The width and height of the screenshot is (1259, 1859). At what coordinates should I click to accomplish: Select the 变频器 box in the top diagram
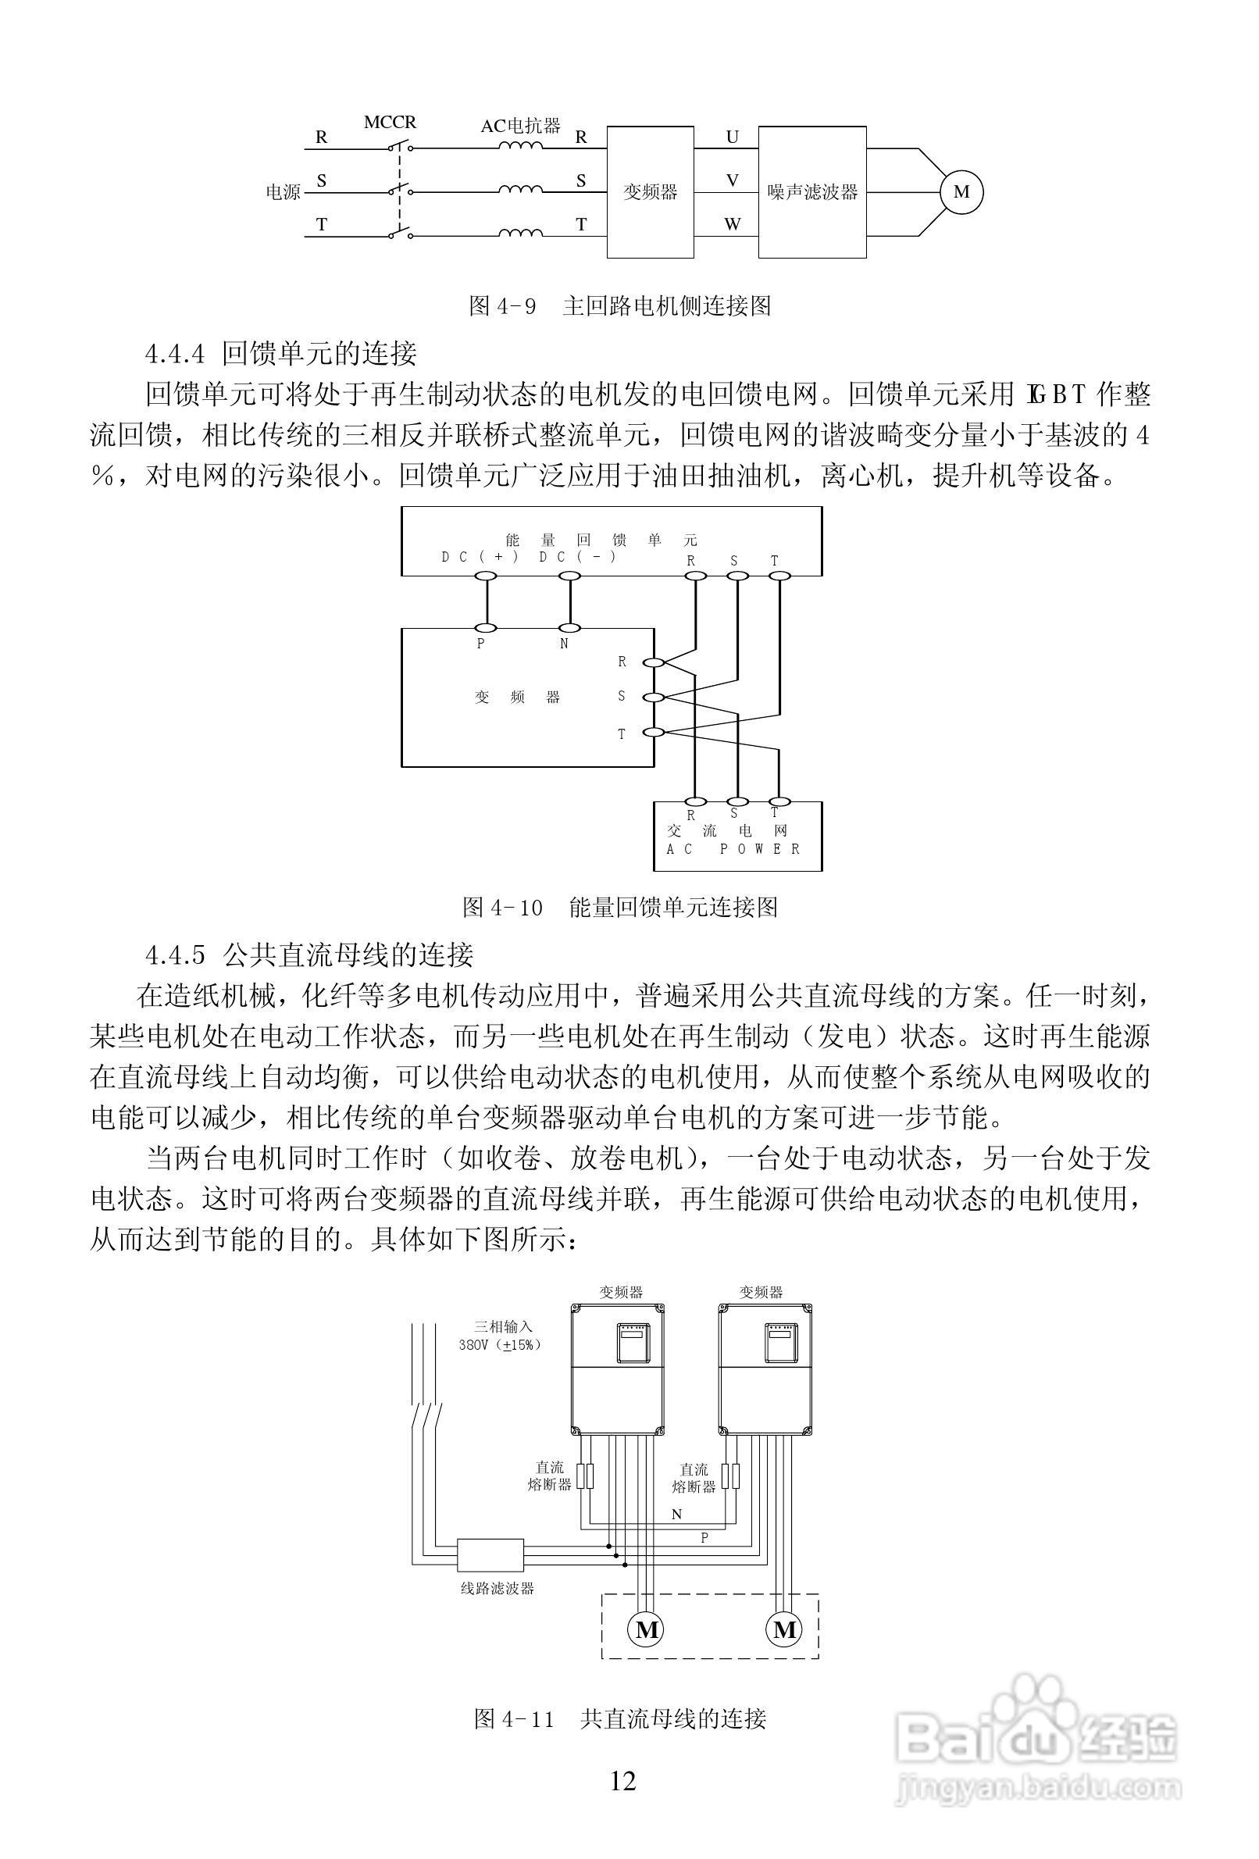pyautogui.click(x=650, y=192)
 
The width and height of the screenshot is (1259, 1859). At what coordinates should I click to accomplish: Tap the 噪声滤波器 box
pyautogui.click(x=812, y=192)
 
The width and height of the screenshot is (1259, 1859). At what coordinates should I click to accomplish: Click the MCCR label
pyautogui.click(x=390, y=123)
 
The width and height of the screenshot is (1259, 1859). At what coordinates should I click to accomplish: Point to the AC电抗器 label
pyautogui.click(x=520, y=126)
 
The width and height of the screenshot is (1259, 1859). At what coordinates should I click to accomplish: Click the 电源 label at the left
pyautogui.click(x=283, y=192)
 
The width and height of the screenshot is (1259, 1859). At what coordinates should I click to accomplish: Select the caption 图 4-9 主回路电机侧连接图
pyautogui.click(x=619, y=305)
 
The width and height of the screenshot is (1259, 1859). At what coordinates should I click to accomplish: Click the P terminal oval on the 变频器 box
pyautogui.click(x=486, y=628)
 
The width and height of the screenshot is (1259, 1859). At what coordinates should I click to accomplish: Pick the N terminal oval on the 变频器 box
pyautogui.click(x=568, y=628)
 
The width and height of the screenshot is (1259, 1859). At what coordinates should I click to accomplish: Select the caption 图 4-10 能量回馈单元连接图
pyautogui.click(x=620, y=907)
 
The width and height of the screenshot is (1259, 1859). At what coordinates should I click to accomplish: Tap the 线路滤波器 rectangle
pyautogui.click(x=490, y=1555)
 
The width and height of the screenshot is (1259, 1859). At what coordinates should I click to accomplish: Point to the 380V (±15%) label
pyautogui.click(x=500, y=1345)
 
